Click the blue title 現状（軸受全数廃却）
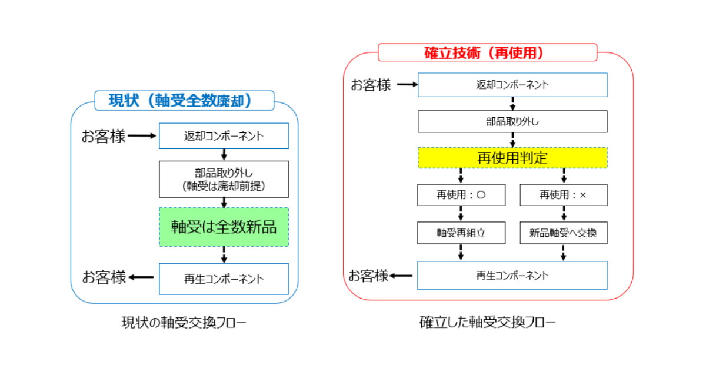(x=184, y=101)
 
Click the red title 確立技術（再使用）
(x=487, y=52)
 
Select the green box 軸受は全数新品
(x=224, y=227)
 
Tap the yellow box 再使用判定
(x=512, y=158)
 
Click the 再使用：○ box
(x=461, y=195)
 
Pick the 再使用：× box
(x=563, y=195)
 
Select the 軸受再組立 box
(x=461, y=233)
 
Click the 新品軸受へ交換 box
(x=563, y=233)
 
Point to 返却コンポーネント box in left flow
(x=224, y=136)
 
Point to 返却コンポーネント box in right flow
(x=512, y=85)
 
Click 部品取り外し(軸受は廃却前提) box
(x=224, y=179)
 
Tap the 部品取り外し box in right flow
(x=512, y=122)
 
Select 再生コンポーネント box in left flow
(x=224, y=279)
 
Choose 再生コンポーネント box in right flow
(x=512, y=275)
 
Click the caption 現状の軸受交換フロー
(x=184, y=323)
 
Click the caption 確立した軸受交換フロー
(x=487, y=323)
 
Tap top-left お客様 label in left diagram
(x=104, y=137)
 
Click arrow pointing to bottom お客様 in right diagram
(x=402, y=276)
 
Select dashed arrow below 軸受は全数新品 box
(x=224, y=254)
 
